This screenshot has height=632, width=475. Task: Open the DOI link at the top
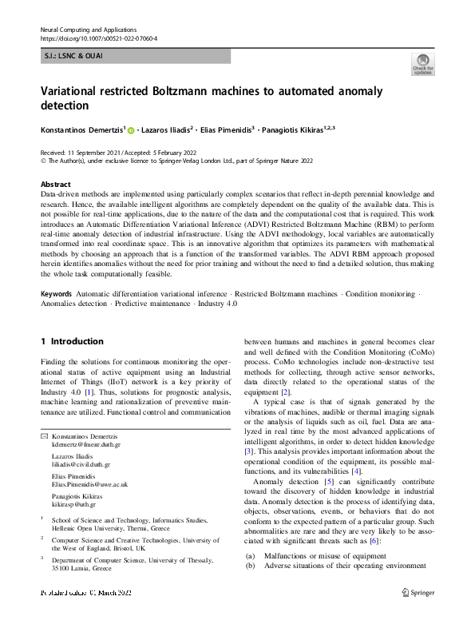(98, 38)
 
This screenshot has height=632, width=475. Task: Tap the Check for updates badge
(422, 65)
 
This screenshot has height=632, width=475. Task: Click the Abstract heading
(55, 184)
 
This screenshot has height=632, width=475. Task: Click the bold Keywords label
(57, 294)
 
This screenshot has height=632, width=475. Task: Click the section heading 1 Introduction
(72, 341)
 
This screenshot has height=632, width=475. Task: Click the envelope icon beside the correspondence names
(44, 437)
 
